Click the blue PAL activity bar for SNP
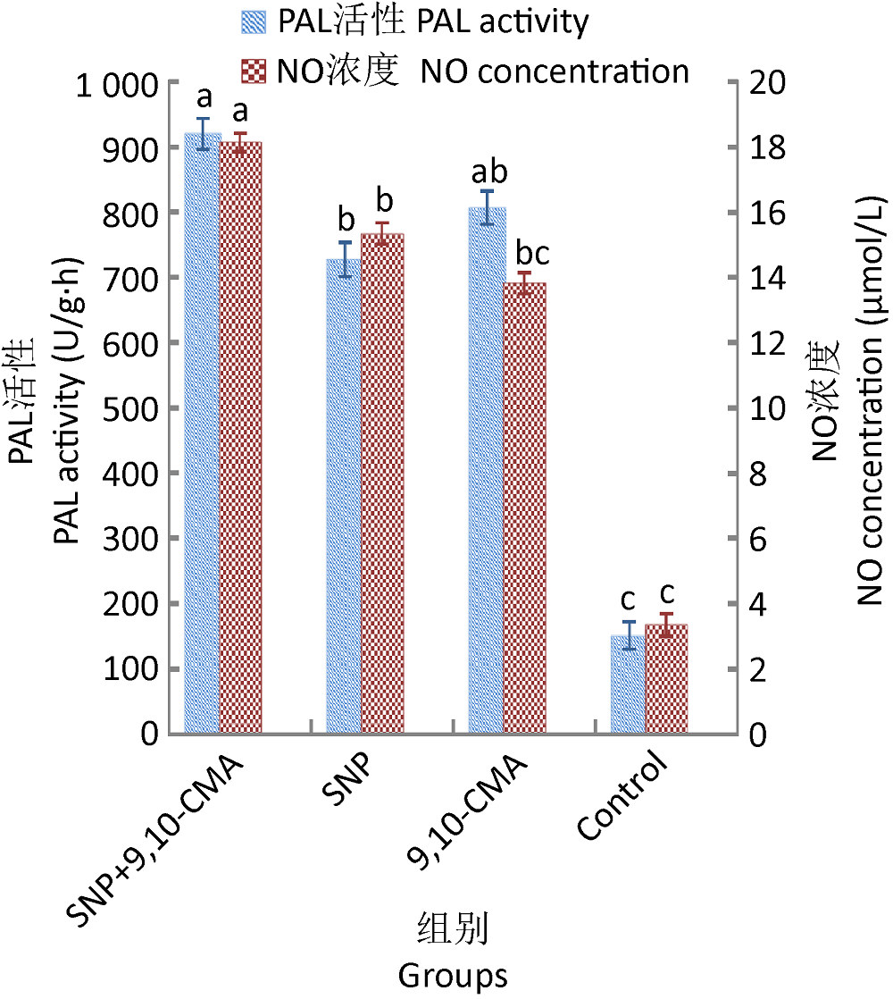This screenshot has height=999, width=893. [344, 496]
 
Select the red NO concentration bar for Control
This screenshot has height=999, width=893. [666, 679]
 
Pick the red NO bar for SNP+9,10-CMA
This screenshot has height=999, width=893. [239, 438]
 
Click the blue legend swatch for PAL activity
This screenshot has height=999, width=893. [254, 21]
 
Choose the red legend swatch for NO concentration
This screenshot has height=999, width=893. [254, 71]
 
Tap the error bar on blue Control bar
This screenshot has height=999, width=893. [630, 634]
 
